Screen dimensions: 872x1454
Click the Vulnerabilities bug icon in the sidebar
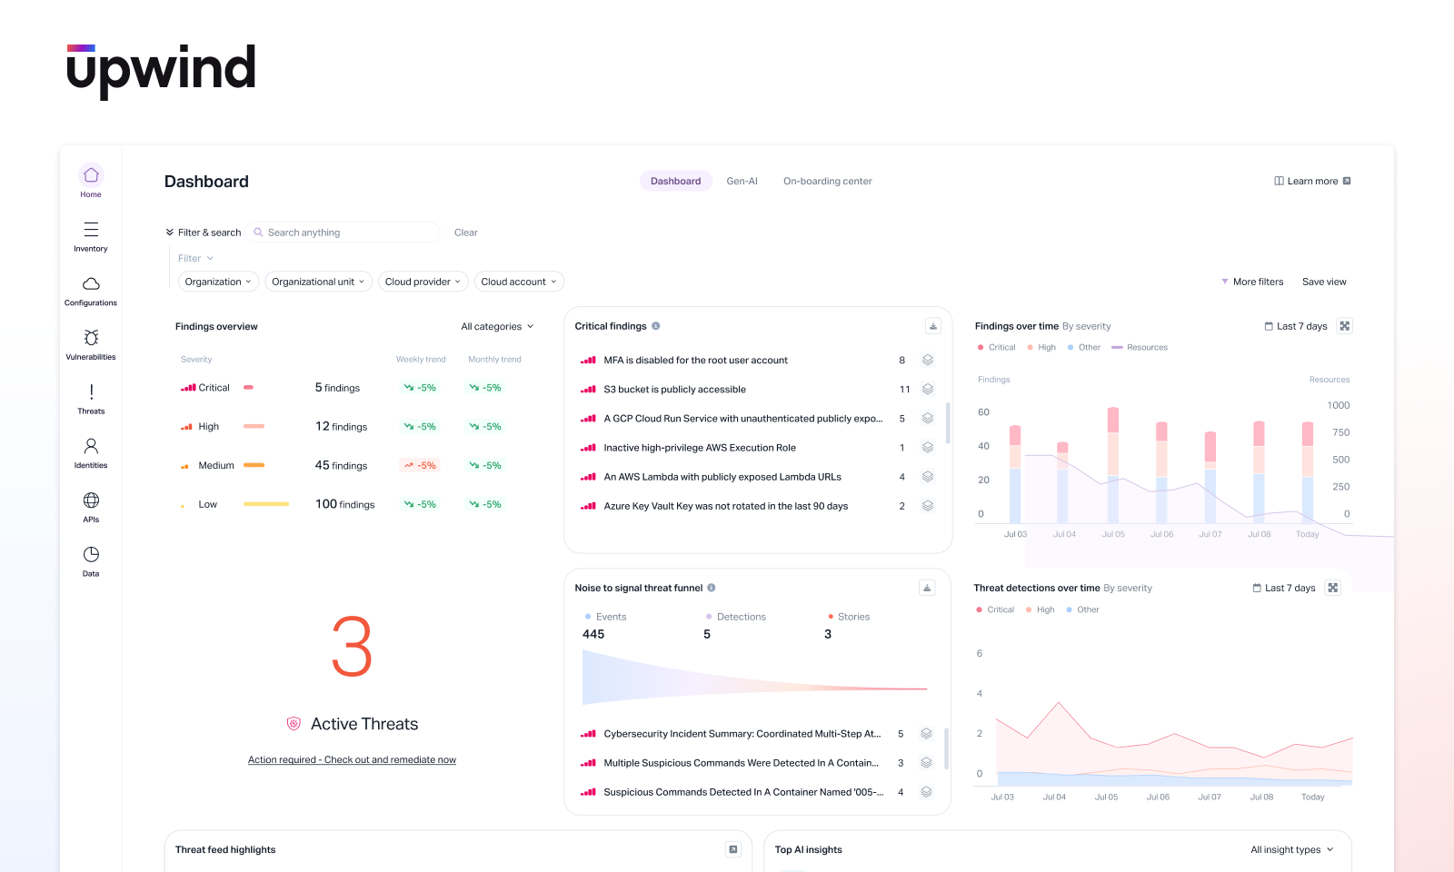click(91, 338)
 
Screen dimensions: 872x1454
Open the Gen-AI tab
click(742, 181)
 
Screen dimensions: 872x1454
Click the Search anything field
click(345, 233)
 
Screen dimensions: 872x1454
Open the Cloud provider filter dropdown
click(423, 282)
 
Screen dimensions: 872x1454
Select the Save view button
click(1324, 282)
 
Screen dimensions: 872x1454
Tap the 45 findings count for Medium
click(341, 465)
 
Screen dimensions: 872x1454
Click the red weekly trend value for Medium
click(420, 465)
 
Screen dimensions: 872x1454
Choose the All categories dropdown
click(497, 326)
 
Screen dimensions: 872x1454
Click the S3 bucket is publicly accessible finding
click(674, 389)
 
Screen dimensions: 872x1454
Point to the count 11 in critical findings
click(904, 389)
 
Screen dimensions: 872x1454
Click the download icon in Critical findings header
click(932, 326)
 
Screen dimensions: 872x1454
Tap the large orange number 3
click(352, 647)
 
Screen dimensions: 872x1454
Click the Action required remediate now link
click(352, 760)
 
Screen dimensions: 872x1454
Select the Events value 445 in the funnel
click(593, 634)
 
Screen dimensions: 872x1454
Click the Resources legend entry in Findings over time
click(1147, 347)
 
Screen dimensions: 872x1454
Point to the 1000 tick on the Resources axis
click(1338, 405)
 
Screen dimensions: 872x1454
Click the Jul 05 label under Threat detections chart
click(1106, 797)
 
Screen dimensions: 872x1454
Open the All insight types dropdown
click(1291, 849)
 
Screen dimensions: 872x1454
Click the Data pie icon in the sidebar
click(91, 555)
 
